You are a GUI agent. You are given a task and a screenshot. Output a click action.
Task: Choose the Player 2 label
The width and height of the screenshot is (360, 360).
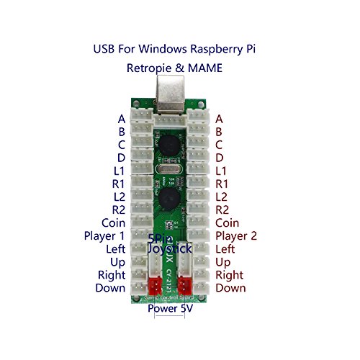coord(236,235)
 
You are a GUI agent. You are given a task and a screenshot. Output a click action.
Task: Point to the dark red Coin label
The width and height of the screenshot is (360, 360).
coord(228,222)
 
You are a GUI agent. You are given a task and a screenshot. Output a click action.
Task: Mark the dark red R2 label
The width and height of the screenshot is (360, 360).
coord(222,210)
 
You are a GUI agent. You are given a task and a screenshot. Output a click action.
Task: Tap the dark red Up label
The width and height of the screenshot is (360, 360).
coord(223,261)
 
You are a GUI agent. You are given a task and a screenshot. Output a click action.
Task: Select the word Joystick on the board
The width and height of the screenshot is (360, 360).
coord(171,248)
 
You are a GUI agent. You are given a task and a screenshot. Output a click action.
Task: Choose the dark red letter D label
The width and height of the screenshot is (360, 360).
coord(220,158)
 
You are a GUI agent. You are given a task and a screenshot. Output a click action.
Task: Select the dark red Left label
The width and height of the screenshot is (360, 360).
coord(225,248)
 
